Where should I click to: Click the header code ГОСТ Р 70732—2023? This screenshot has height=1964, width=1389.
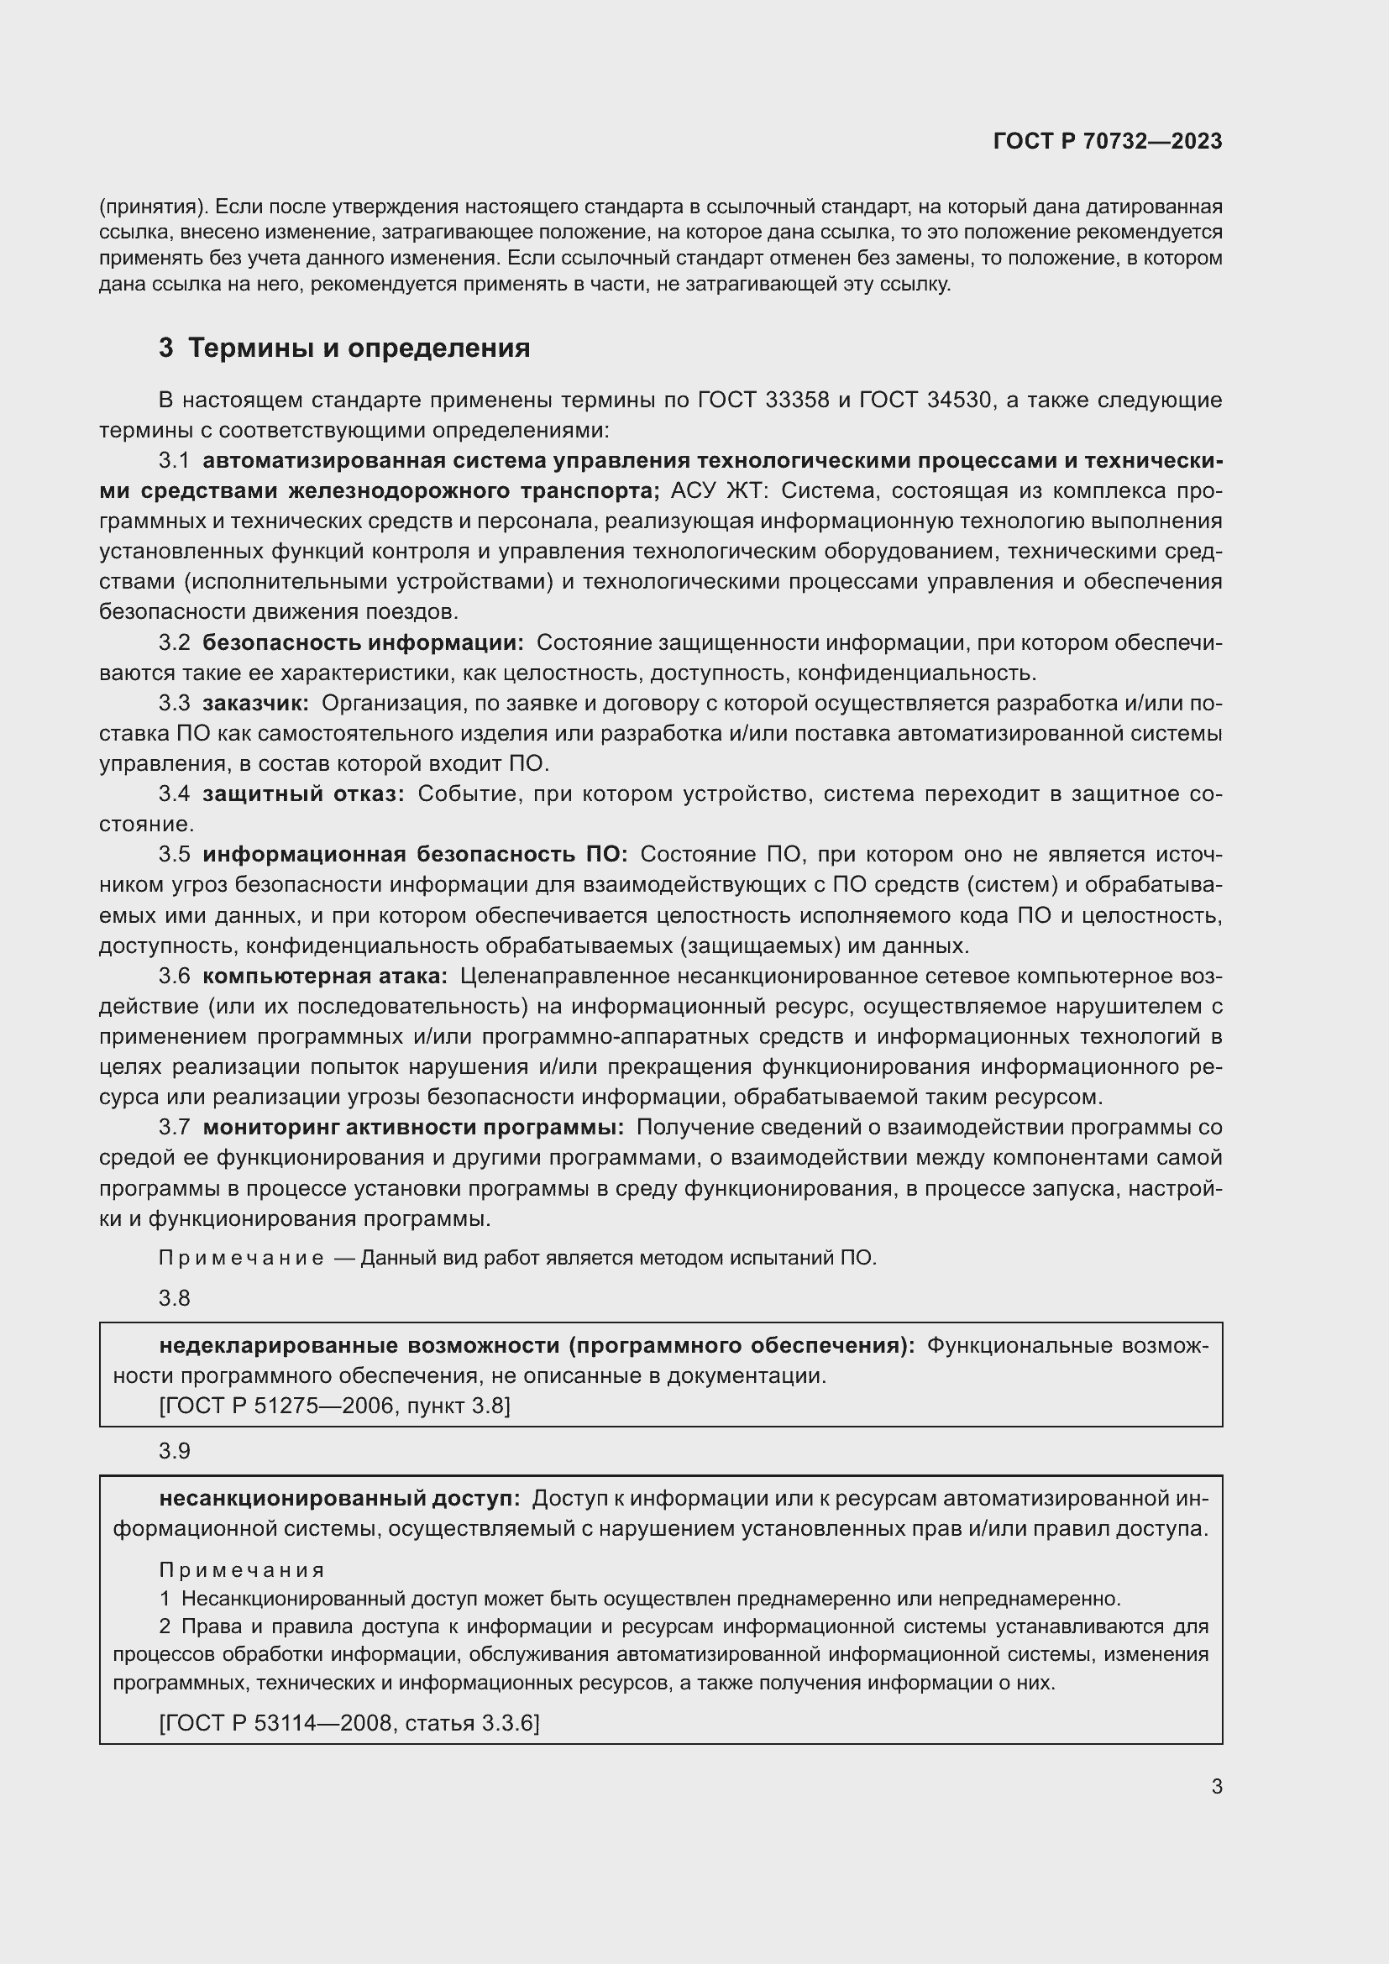pyautogui.click(x=1108, y=142)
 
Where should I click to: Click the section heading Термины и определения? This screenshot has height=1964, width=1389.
pyautogui.click(x=359, y=348)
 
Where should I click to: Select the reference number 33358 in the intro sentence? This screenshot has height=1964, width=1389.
pyautogui.click(x=794, y=400)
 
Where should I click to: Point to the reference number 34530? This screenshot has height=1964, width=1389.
pyautogui.click(x=959, y=400)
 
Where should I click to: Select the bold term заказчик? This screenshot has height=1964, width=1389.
pyautogui.click(x=256, y=703)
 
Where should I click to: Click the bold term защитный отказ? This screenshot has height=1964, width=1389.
pyautogui.click(x=304, y=793)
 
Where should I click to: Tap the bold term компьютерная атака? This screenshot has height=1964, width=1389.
pyautogui.click(x=325, y=976)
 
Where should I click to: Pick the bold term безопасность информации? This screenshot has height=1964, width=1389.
pyautogui.click(x=364, y=642)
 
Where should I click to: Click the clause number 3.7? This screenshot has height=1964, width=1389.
pyautogui.click(x=175, y=1128)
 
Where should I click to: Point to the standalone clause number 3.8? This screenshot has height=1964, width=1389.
pyautogui.click(x=175, y=1297)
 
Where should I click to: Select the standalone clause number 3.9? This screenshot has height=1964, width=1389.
pyautogui.click(x=175, y=1451)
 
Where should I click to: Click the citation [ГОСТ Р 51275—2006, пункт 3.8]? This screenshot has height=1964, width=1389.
pyautogui.click(x=334, y=1406)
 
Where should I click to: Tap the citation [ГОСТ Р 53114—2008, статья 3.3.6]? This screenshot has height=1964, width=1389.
pyautogui.click(x=349, y=1723)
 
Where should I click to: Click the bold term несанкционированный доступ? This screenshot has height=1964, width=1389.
pyautogui.click(x=339, y=1498)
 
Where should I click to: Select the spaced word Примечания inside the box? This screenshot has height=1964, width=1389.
pyautogui.click(x=242, y=1570)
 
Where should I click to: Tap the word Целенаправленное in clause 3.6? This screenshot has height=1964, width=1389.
pyautogui.click(x=564, y=976)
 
